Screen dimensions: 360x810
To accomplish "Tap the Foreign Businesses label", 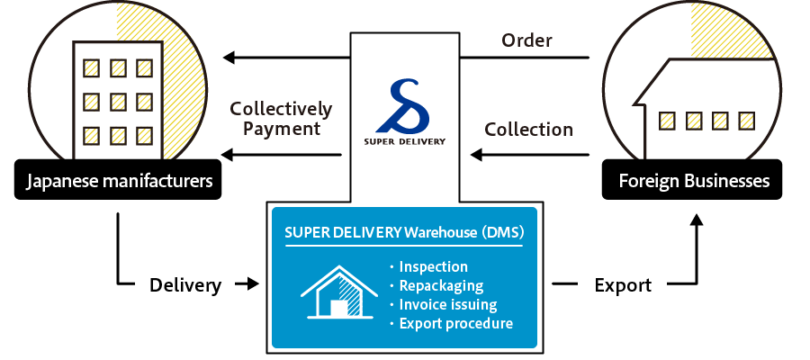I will pos(693,181).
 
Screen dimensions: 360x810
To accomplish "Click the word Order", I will pos(526,40).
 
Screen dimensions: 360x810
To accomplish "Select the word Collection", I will pos(528,130).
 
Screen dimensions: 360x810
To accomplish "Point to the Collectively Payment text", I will pos(281,119).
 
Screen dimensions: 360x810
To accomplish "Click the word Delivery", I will pos(185,285).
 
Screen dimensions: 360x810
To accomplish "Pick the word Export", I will pos(623,285).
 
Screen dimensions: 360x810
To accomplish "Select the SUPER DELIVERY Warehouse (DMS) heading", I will pos(404,231).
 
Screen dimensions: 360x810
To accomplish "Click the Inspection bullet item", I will pos(432,267).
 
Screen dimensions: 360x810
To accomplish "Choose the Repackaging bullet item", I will pos(440,286).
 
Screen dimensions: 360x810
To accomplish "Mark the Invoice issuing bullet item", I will pos(447,305).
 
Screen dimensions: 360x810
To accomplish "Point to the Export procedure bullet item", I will pos(455,324).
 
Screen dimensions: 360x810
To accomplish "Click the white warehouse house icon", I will pos(338,293).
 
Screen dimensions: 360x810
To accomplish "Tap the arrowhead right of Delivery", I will pos(250,285).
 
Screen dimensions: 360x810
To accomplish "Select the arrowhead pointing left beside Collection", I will pos(477,155).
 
